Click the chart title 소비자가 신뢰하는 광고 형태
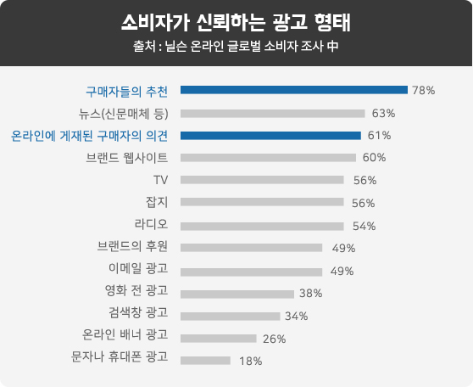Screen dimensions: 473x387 pos(236,23)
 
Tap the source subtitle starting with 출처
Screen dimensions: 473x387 pos(236,46)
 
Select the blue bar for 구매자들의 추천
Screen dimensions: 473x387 pos(294,90)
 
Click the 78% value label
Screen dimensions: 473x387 pos(424,90)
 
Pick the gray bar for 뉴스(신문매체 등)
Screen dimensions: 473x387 pos(273,114)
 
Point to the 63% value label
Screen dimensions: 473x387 pos(383,113)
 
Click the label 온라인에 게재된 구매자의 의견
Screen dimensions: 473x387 pos(89,136)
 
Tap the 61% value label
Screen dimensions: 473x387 pos(379,135)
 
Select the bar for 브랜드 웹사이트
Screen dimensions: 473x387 pos(268,158)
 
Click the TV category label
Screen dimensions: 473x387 pos(160,180)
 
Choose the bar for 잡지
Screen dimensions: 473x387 pos(262,202)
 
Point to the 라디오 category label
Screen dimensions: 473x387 pos(151,224)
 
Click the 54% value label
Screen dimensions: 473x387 pos(364,226)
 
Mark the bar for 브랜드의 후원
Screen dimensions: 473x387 pos(251,248)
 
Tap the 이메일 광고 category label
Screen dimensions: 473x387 pos(138,268)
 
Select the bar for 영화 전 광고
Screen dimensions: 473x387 pos(237,294)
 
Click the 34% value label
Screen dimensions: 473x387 pos(297,316)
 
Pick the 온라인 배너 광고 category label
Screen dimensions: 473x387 pos(125,334)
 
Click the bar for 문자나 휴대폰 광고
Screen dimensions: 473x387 pos(205,361)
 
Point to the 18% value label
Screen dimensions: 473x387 pos(251,361)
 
